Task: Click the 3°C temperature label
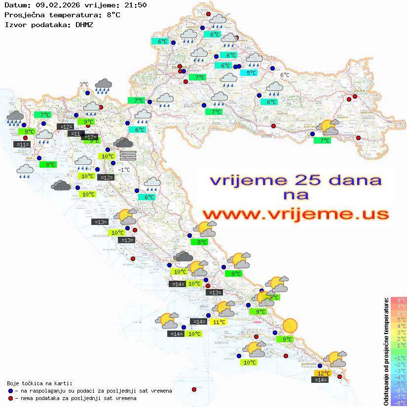(84, 84)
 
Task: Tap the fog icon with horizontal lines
(128, 155)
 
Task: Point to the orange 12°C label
(323, 373)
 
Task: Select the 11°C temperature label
(219, 322)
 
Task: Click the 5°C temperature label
(252, 73)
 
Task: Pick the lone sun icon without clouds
(290, 325)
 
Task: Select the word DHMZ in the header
(84, 24)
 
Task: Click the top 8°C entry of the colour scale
(398, 300)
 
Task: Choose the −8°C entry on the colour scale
(398, 403)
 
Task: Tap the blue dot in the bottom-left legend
(10, 390)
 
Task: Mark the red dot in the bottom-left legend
(10, 398)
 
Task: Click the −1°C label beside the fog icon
(124, 170)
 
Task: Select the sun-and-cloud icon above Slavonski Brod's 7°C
(329, 127)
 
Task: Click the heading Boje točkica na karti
(39, 383)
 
